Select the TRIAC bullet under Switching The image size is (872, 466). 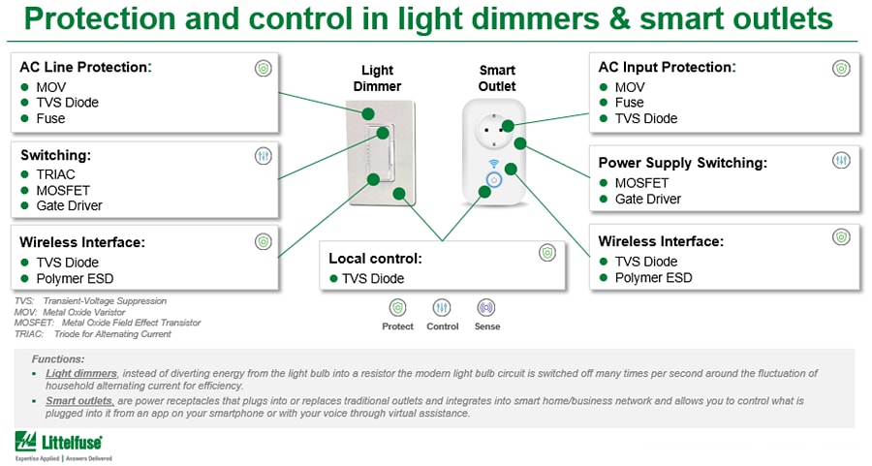[55, 174]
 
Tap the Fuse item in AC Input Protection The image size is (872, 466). [629, 103]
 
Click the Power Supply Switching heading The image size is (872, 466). [682, 163]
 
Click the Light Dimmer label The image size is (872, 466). [377, 78]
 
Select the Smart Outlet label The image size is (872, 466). [497, 78]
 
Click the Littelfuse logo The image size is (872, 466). [64, 444]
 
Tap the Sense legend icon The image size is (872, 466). [486, 308]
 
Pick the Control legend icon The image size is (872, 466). [442, 308]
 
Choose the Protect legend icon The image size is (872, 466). [397, 308]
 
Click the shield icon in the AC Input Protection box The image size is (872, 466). [840, 68]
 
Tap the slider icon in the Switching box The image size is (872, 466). [263, 155]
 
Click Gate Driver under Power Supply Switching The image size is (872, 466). [647, 199]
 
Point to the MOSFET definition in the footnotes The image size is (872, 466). [108, 323]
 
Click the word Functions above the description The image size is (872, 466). [58, 358]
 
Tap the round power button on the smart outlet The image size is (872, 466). [493, 180]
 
